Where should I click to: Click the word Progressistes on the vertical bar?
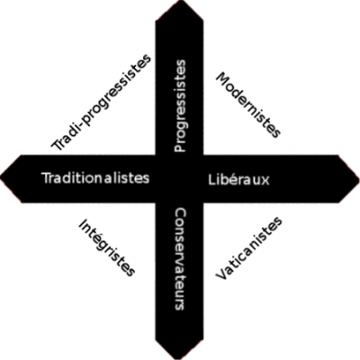pos(180,106)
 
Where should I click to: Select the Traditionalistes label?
pos(96,178)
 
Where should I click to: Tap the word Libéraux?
pos(238,179)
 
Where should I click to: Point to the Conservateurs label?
pos(180,259)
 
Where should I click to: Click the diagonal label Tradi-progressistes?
pos(101,102)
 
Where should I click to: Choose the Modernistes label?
pos(248,104)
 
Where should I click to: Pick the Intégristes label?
pos(106,247)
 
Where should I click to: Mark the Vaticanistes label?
pos(248,248)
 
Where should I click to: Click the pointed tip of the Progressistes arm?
pos(179,1)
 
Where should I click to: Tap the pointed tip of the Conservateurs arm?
pos(179,359)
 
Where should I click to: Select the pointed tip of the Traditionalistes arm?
pos(1,179)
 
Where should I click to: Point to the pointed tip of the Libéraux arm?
pos(359,179)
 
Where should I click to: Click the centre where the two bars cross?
pos(179,179)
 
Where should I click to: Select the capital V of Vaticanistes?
pos(221,274)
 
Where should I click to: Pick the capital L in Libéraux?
pos(211,179)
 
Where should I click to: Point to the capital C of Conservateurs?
pos(180,214)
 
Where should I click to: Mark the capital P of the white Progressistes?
pos(180,148)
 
